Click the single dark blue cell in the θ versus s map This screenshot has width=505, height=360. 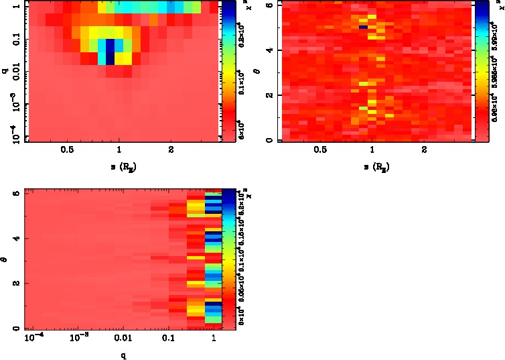click(363, 27)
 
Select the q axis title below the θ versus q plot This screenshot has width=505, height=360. click(123, 355)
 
